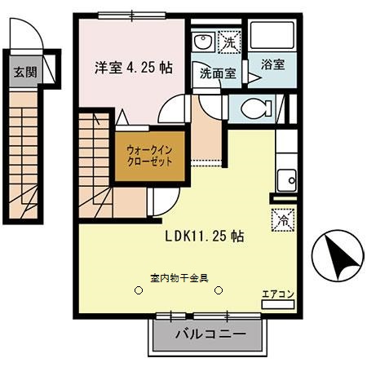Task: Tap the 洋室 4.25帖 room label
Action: [130, 68]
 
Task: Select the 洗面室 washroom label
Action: [218, 73]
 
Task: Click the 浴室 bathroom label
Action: [272, 64]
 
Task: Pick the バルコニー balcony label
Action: [209, 334]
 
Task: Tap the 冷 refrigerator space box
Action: [277, 219]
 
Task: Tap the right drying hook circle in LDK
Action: [219, 289]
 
